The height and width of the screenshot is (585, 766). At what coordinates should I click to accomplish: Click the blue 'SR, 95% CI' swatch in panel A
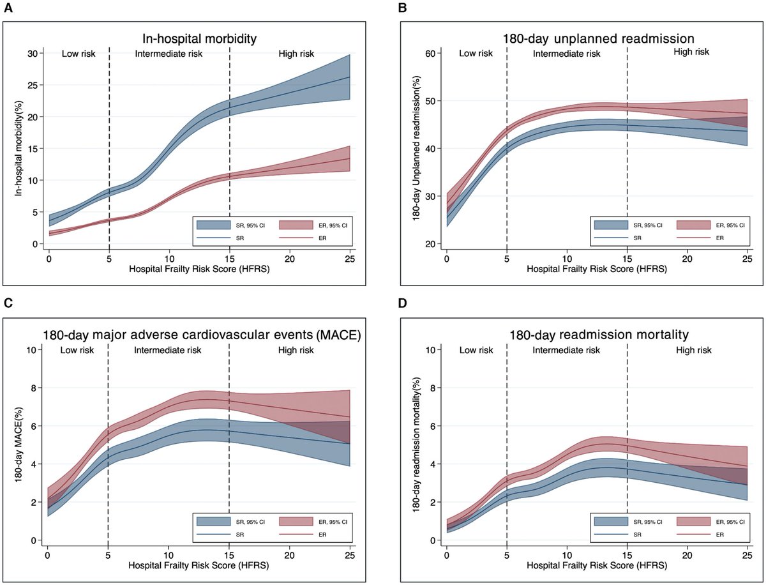213,224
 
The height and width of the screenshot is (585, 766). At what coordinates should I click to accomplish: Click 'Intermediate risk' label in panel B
566,54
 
